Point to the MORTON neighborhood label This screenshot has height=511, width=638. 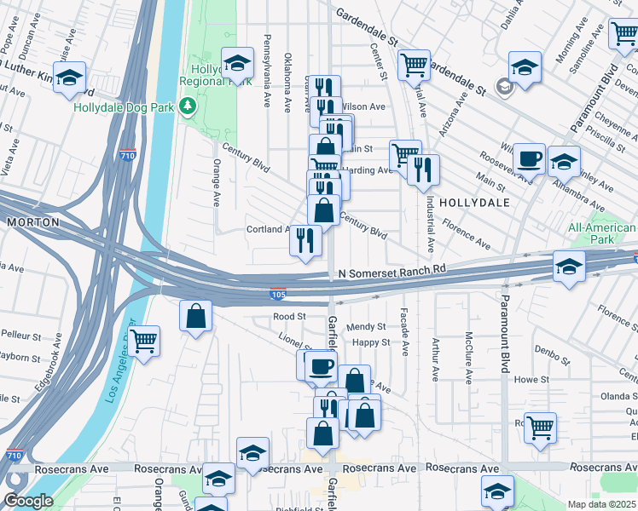coord(32,222)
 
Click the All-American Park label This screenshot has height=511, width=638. coord(602,233)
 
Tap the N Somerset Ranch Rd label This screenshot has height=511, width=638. coord(391,271)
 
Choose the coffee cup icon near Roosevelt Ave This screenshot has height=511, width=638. coord(529,158)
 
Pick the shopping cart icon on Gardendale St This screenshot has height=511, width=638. coord(414,63)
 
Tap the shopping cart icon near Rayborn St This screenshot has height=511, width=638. coord(143,341)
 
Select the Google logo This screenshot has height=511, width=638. coord(27,501)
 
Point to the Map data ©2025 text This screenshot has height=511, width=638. coord(602,504)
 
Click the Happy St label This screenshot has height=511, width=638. coord(371,342)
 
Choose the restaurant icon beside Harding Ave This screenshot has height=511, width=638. coord(423,169)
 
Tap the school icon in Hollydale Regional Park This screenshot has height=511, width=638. coord(237,63)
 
